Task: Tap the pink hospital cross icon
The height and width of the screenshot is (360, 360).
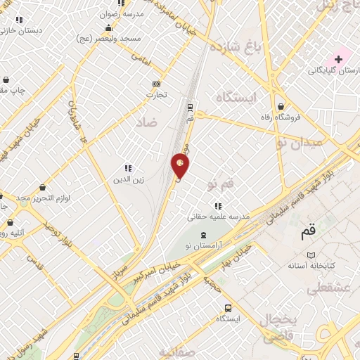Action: coord(338,60)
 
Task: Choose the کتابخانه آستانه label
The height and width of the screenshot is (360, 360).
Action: coord(314,266)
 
